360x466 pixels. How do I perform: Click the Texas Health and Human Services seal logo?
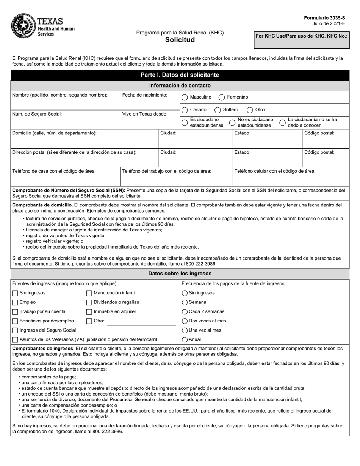(x=23, y=26)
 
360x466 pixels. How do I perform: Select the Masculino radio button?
(x=185, y=97)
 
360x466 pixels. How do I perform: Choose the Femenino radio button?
(x=222, y=97)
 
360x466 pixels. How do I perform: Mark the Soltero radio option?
(x=218, y=110)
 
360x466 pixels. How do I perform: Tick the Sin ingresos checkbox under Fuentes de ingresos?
(x=15, y=293)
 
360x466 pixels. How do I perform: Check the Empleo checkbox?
(x=15, y=302)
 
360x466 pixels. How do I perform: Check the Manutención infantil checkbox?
(x=89, y=293)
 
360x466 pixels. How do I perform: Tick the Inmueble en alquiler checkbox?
(x=89, y=311)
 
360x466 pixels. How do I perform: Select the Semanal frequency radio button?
(x=185, y=302)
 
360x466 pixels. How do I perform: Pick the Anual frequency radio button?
(x=185, y=339)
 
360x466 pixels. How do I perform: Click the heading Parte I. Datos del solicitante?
(x=180, y=75)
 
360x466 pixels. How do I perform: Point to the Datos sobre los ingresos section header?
(x=180, y=274)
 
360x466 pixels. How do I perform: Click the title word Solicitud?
(x=180, y=40)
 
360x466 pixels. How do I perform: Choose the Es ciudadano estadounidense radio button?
(x=185, y=122)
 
